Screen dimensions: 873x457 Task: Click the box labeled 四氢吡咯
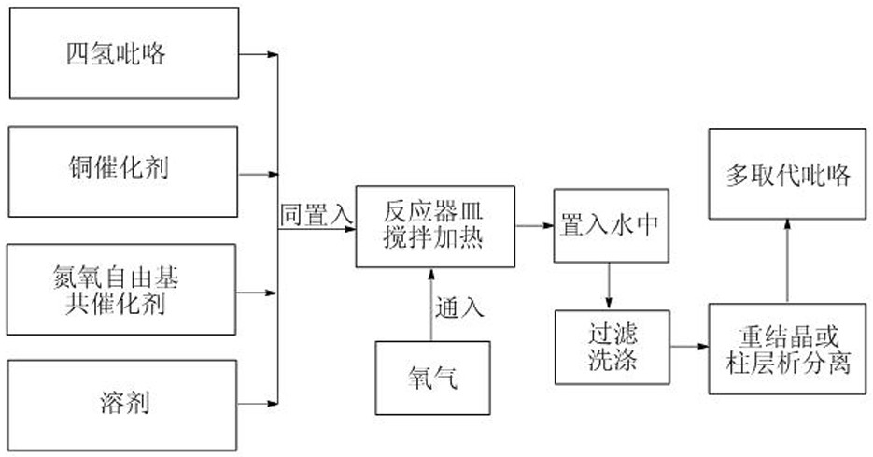coord(124,53)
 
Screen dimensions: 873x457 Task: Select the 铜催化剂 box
coord(123,172)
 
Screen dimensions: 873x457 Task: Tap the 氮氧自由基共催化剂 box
coord(121,290)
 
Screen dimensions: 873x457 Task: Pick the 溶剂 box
coord(122,406)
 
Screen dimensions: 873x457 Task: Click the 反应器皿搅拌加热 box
coord(435,226)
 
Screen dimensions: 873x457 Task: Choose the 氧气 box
coord(432,378)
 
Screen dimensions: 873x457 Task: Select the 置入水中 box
coord(611,226)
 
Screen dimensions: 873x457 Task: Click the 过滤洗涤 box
coord(612,348)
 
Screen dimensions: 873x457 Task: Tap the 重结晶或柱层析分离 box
coord(787,349)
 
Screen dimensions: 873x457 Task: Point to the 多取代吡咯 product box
coord(787,174)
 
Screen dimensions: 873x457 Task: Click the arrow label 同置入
coord(316,215)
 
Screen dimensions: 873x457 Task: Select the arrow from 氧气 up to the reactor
coord(431,305)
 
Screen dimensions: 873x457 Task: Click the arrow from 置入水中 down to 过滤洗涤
coord(609,286)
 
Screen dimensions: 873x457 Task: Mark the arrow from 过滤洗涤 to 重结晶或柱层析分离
coord(689,346)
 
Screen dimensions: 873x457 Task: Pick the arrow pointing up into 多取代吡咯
coord(787,261)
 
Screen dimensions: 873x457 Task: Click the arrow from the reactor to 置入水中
coord(534,226)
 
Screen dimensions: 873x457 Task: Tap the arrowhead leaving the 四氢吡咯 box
coord(273,54)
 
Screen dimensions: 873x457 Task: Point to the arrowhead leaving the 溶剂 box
coord(273,404)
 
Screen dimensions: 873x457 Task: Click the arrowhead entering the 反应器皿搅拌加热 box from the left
coord(350,229)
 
